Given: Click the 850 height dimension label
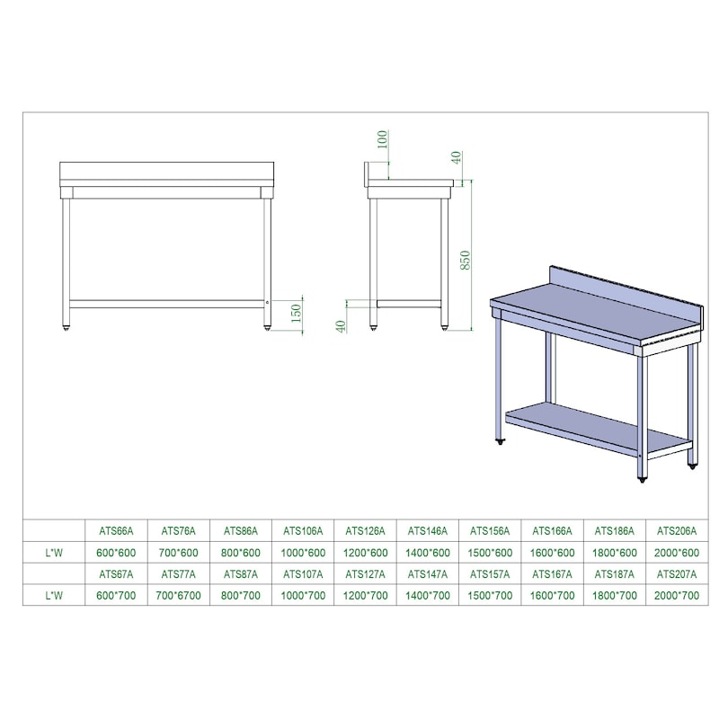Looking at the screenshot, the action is click(465, 260).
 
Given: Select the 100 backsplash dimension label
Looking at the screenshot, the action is click(382, 139).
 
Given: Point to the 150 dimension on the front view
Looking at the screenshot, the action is click(297, 313).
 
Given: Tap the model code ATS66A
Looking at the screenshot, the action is click(116, 531).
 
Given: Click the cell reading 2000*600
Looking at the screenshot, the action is click(677, 553).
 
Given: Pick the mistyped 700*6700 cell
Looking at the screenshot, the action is click(178, 596).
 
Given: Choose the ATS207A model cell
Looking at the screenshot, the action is click(677, 574).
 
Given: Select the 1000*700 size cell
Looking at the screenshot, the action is click(303, 596).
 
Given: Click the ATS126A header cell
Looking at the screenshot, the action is click(366, 531).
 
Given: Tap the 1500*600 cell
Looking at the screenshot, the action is click(490, 553).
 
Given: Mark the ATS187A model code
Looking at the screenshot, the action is click(615, 574).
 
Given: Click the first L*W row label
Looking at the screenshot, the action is click(54, 553).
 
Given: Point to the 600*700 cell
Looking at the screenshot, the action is click(116, 596).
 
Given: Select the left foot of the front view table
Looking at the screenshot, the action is click(66, 328).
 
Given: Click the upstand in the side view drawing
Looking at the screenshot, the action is click(367, 174).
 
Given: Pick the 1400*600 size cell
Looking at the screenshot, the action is click(428, 553).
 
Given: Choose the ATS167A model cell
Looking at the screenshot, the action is click(552, 574).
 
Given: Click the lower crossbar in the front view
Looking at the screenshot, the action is click(167, 304).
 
